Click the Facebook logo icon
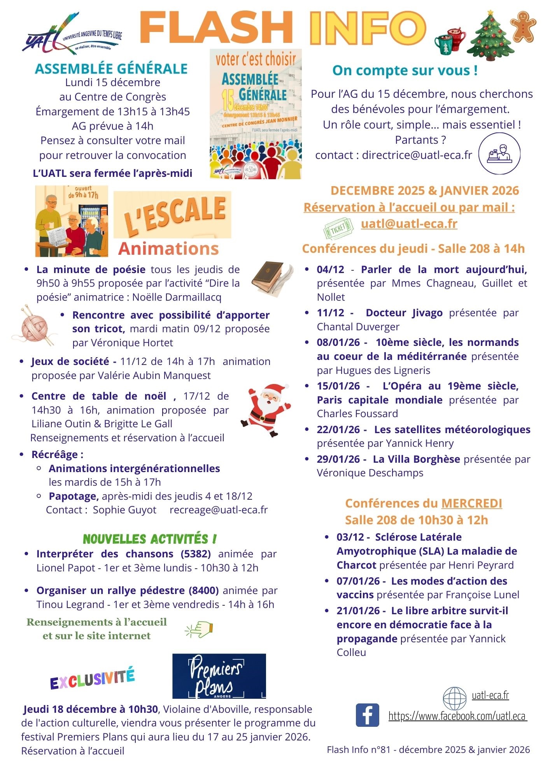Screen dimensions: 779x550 coord(367,715)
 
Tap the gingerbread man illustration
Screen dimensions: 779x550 coord(523,26)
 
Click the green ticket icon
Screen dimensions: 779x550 coord(338,228)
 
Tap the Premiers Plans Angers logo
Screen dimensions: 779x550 coord(219,676)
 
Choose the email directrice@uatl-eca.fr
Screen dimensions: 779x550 coord(417,155)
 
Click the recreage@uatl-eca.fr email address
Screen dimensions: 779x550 coord(219,510)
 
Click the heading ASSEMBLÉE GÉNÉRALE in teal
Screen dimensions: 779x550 coord(111,69)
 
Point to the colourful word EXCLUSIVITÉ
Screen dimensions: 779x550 coord(92,679)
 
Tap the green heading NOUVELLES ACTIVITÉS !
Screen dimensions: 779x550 coord(150,539)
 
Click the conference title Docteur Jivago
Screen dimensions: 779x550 coord(404,313)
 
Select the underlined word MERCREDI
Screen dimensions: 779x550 coord(471,503)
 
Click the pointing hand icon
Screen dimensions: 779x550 coord(200,629)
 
